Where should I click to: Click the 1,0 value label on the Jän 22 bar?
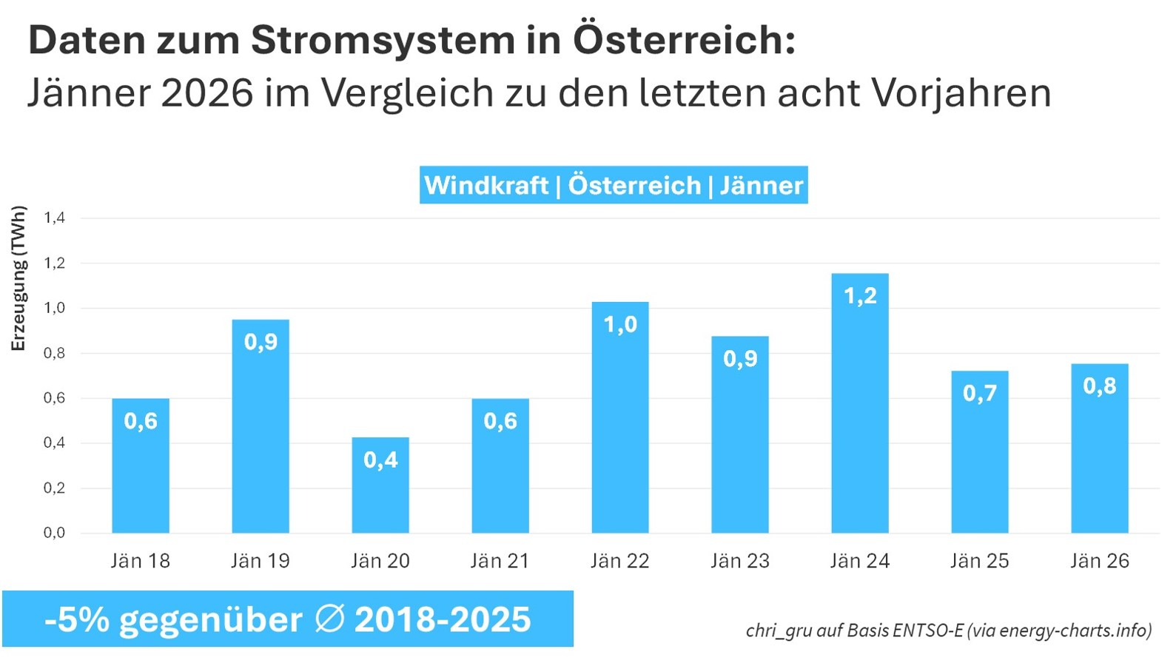(620, 324)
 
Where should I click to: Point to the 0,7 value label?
(980, 393)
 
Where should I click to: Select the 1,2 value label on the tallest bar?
(860, 296)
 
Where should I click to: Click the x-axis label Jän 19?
(261, 561)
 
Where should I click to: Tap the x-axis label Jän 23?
(740, 561)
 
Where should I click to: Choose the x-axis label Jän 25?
(980, 561)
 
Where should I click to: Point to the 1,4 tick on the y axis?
(54, 218)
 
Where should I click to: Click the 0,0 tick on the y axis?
(54, 533)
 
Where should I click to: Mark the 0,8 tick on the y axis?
(54, 353)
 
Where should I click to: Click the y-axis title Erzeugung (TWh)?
(19, 278)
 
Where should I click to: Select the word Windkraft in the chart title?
(486, 185)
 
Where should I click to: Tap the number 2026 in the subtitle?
(206, 93)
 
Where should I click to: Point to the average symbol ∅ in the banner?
(329, 619)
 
